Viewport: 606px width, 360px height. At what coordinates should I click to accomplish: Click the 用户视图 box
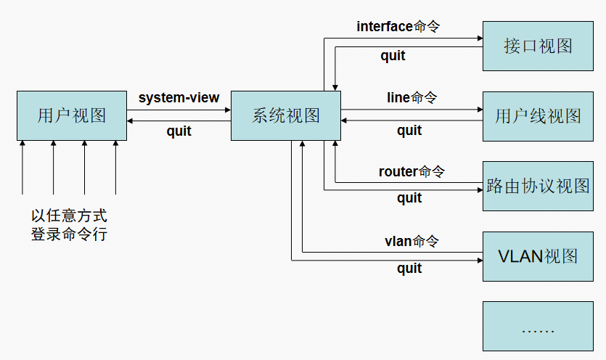(x=71, y=115)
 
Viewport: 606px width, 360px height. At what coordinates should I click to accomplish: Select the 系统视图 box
(x=286, y=115)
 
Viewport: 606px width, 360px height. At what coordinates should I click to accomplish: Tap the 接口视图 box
(x=538, y=46)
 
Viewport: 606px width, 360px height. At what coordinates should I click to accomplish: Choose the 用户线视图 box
(x=538, y=116)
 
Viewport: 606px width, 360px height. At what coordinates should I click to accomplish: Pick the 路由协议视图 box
(x=538, y=187)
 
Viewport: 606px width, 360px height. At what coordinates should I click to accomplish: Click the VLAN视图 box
(x=538, y=256)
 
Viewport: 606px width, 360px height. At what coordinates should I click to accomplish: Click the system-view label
(x=179, y=98)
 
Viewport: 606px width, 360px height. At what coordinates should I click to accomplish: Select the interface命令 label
(x=398, y=27)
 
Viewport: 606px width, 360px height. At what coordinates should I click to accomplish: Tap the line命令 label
(x=411, y=97)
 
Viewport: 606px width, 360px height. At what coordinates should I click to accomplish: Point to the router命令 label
(x=411, y=172)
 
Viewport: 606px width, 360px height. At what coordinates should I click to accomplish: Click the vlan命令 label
(x=411, y=241)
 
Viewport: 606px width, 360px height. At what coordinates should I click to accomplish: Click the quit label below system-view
(x=179, y=131)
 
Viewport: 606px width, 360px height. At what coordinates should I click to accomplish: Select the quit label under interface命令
(x=393, y=56)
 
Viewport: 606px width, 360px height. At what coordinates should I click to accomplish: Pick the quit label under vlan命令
(x=409, y=269)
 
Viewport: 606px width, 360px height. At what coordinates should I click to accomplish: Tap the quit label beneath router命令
(x=409, y=198)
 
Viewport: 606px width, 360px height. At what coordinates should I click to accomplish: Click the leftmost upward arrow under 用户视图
(x=22, y=167)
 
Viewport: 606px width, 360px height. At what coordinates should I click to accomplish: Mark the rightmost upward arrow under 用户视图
(x=115, y=167)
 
